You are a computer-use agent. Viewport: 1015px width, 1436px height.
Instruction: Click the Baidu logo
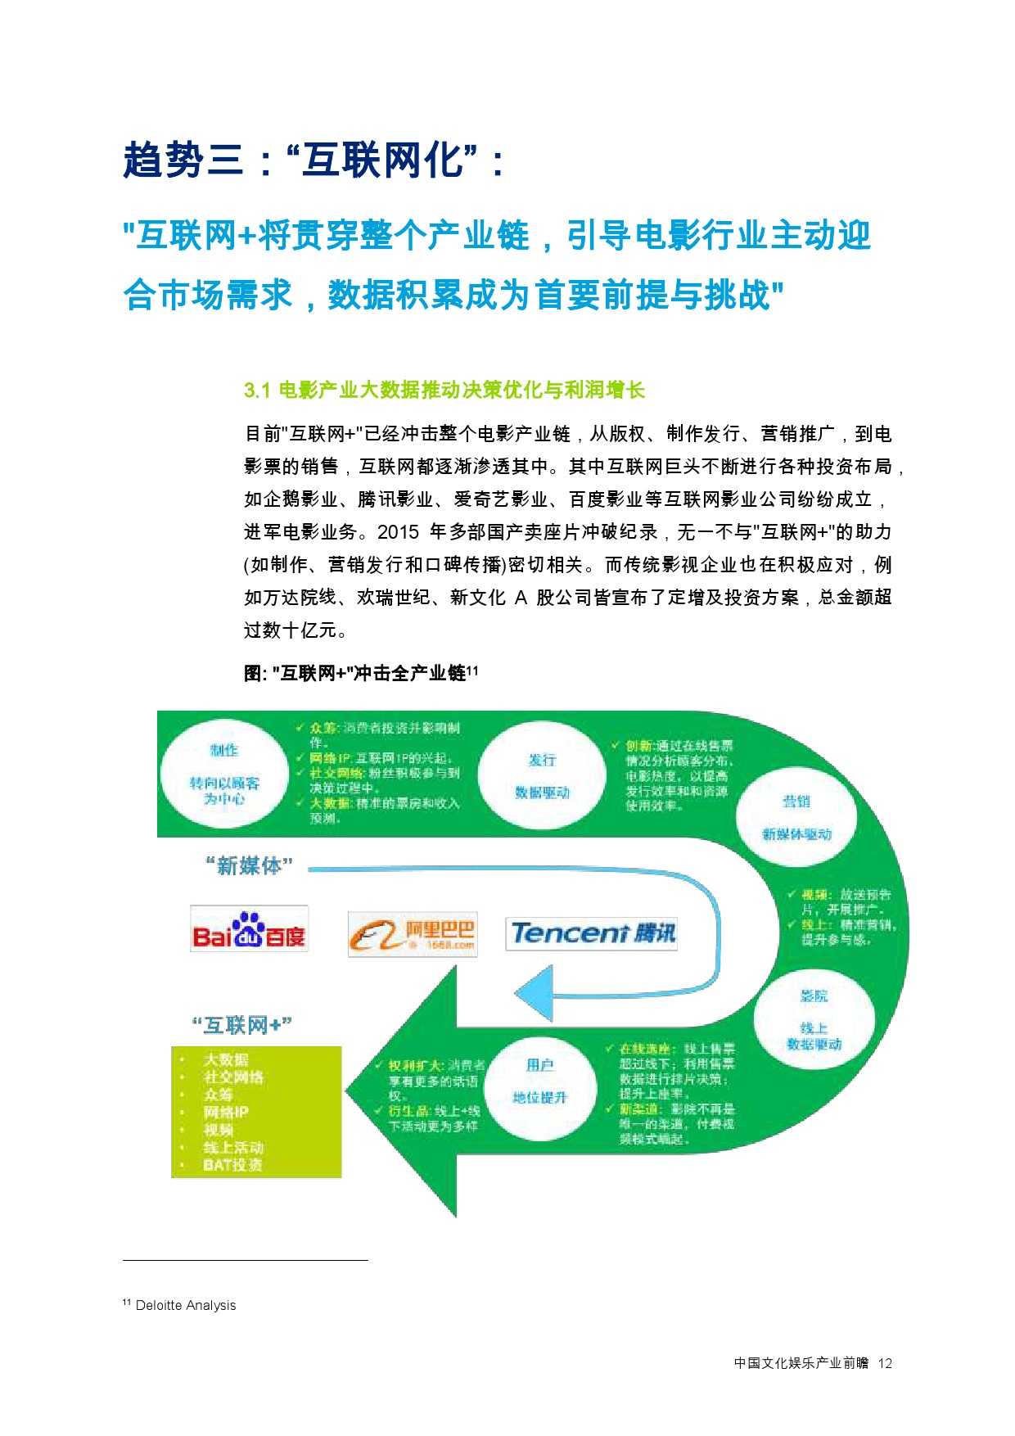click(249, 930)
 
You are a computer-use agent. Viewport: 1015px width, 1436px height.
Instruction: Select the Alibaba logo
click(412, 934)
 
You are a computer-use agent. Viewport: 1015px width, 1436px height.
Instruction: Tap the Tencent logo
click(592, 933)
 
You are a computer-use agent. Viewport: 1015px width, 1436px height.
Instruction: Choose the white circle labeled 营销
click(796, 816)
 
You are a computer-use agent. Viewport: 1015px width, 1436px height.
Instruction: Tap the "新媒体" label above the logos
click(249, 866)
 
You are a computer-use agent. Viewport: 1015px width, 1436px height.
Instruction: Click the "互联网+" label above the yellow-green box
click(242, 1025)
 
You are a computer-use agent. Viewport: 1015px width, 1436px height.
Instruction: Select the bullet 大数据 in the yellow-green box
click(226, 1059)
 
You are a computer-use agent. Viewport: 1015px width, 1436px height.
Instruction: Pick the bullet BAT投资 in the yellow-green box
click(232, 1164)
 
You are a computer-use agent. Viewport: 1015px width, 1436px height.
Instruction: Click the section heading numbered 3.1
click(444, 390)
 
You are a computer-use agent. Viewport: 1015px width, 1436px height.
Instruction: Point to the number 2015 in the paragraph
click(399, 532)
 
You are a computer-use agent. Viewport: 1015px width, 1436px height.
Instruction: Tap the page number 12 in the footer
click(884, 1363)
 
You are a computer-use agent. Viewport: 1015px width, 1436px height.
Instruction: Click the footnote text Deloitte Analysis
click(186, 1306)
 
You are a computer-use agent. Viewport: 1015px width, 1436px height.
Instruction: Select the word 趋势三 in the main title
click(183, 160)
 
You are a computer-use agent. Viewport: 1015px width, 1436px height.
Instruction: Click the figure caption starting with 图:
click(361, 673)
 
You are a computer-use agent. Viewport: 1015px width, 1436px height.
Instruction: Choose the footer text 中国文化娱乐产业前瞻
click(801, 1363)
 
